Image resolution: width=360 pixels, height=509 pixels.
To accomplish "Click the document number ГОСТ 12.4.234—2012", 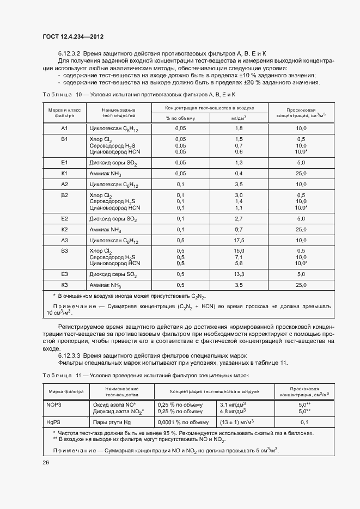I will pos(72,36).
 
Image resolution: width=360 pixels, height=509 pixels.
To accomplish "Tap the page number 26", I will pos(46,462).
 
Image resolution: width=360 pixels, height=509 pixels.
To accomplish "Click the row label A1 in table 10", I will pos(64,128).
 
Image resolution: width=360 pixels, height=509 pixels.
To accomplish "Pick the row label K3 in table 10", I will pos(64,285).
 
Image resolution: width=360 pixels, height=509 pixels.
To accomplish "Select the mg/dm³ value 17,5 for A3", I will pos(238,240).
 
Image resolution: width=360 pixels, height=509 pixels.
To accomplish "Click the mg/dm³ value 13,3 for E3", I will pos(238,274).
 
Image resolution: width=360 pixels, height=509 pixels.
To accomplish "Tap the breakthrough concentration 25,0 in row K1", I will pos(301,173).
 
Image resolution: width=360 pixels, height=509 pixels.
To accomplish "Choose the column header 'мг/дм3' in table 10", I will pos(238,117).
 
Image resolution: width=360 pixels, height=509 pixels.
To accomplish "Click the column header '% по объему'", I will pos(180,117).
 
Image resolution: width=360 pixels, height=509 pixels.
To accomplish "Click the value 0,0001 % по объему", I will pos(183,422).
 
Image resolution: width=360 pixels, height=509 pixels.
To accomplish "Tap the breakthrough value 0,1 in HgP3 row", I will pos(304,422).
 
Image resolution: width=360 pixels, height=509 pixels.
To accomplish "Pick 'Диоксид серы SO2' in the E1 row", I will pos(113,162).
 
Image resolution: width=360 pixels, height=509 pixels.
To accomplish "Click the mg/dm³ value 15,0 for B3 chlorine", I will pos(238,251).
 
